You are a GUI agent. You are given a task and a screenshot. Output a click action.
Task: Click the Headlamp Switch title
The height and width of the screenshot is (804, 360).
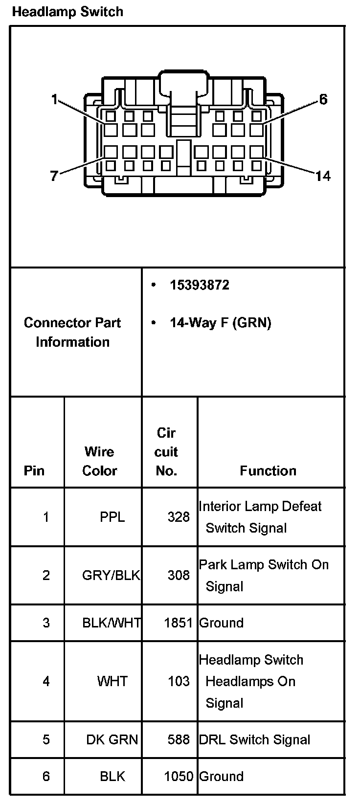coord(67,12)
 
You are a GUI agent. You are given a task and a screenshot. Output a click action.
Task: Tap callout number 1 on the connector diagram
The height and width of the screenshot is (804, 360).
coord(54,100)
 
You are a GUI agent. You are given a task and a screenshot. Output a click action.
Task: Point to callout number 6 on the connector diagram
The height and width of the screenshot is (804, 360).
coord(323,100)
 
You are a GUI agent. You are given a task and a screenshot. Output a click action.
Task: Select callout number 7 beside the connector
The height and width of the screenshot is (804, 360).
coord(54,176)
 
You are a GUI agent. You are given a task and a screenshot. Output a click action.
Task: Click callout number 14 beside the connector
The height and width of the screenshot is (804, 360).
coord(322,176)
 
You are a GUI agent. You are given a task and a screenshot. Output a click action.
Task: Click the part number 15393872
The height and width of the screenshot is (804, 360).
coord(199,285)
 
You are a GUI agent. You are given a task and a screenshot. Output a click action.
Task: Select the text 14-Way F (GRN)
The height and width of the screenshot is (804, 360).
coord(220,323)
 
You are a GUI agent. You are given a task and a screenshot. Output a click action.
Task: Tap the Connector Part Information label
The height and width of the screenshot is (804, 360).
coord(72,332)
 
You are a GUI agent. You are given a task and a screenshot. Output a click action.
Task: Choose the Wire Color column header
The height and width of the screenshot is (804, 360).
coord(99,461)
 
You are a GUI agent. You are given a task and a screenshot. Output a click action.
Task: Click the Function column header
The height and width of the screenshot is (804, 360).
coord(268,470)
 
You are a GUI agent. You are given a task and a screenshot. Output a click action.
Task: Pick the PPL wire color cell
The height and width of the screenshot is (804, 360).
coord(112,517)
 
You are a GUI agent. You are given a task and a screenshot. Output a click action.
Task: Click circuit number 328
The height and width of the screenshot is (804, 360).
coord(179,517)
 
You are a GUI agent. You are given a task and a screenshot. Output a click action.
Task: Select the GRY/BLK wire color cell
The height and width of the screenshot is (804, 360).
coord(111,575)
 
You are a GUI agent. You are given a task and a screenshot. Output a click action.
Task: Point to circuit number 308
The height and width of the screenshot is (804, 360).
coord(179,575)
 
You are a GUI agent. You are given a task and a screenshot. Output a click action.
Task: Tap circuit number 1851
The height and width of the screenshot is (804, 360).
coord(179,623)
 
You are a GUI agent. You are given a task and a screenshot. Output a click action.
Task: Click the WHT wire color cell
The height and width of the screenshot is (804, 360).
coord(112,681)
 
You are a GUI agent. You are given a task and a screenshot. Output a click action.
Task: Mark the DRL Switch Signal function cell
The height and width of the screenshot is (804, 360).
coord(254,739)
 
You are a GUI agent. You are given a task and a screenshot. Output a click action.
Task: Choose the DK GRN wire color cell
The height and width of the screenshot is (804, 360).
coord(112,739)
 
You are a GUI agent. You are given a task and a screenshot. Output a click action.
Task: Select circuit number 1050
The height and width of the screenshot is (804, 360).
coord(179,776)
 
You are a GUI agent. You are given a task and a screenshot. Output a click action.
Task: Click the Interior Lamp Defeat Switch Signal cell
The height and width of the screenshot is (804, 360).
coord(260,517)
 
